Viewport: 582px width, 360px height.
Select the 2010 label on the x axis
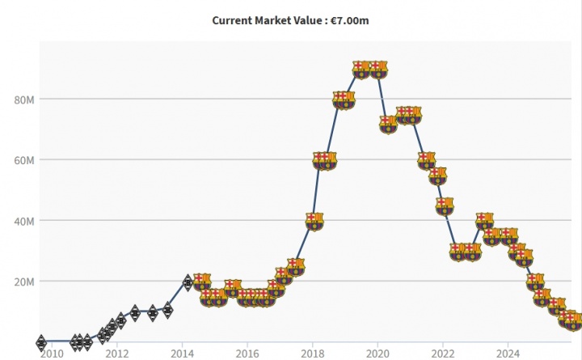click(x=52, y=354)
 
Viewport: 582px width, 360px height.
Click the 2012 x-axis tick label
click(x=117, y=354)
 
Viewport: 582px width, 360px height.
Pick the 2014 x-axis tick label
click(x=183, y=354)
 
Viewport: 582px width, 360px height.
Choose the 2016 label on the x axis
click(x=247, y=354)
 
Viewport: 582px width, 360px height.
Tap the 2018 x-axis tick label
click(x=313, y=354)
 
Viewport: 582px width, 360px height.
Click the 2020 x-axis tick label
click(x=378, y=354)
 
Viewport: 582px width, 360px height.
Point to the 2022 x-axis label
click(x=443, y=354)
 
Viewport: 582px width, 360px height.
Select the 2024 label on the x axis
click(x=508, y=354)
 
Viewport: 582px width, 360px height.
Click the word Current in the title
click(x=233, y=20)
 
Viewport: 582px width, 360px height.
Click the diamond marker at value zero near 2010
click(x=41, y=343)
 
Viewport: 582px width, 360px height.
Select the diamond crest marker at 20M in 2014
click(x=188, y=282)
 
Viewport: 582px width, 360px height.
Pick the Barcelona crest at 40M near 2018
click(x=314, y=221)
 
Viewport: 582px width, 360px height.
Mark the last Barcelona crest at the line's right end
click(x=573, y=321)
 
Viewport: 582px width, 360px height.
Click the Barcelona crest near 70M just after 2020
click(x=388, y=124)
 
